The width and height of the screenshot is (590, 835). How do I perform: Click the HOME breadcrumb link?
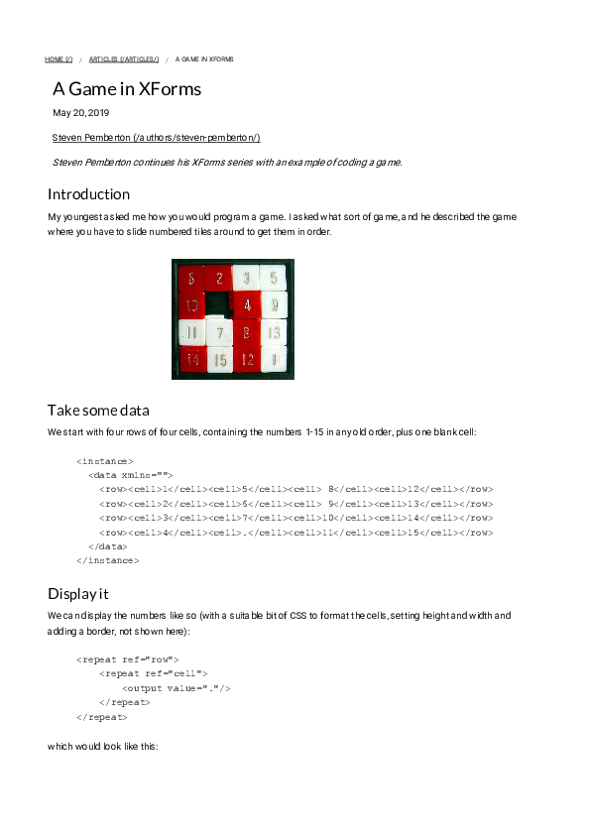click(59, 60)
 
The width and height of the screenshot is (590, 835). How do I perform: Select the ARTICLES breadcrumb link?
click(123, 60)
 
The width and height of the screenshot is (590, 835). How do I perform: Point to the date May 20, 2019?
click(81, 113)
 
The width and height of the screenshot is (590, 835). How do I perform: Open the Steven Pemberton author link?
click(156, 137)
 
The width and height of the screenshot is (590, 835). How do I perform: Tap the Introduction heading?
click(88, 193)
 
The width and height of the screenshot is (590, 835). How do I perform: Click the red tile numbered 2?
click(219, 279)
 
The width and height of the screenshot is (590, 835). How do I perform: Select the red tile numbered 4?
click(246, 305)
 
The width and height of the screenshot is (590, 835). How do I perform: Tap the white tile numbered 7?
click(219, 332)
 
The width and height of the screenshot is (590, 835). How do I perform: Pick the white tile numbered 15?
click(219, 358)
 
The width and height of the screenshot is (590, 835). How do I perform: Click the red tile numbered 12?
click(246, 358)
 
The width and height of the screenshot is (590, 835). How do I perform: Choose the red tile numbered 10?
click(191, 305)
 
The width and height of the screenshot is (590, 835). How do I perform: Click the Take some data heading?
click(98, 410)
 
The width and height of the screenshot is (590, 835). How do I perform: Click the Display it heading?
click(78, 594)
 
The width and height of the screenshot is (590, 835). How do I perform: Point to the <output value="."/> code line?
click(176, 688)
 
